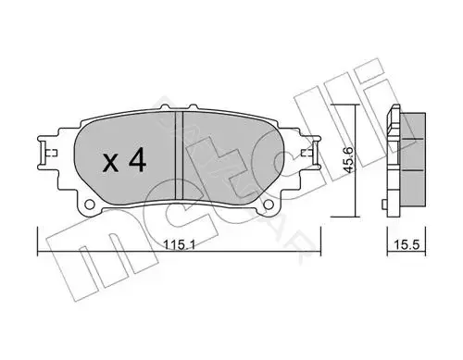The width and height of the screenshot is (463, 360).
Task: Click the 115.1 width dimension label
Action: pos(179,245)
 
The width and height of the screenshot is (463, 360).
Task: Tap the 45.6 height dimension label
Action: pos(349,160)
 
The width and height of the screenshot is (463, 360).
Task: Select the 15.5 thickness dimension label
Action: pos(407,245)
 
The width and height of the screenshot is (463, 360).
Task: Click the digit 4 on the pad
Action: pos(137,160)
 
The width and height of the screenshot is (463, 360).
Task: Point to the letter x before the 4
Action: pos(111,163)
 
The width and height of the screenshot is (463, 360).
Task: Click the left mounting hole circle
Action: pos(90,205)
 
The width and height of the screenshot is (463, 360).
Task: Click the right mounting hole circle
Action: pos(269,205)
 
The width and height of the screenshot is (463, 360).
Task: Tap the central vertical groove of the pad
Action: pos(179,155)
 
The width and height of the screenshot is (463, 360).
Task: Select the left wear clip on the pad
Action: pos(47,153)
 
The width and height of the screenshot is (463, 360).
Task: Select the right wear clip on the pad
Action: pos(311,153)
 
